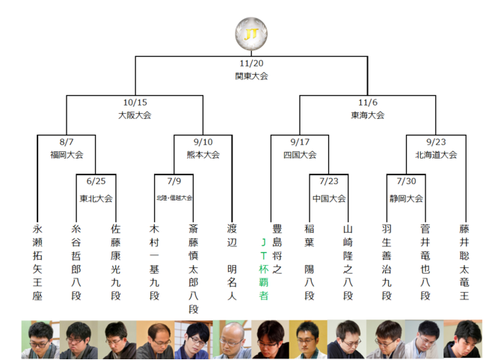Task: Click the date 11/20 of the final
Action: (251, 64)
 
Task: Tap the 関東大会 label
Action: (251, 76)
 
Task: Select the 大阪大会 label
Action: (135, 115)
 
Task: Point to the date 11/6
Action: (368, 103)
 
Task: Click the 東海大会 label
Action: (368, 115)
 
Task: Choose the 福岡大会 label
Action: (67, 154)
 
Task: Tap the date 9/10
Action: (203, 142)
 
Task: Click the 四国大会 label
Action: (300, 154)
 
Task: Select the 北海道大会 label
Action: (436, 154)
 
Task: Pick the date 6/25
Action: (96, 181)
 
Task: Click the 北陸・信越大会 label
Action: (174, 198)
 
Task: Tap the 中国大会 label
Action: (329, 198)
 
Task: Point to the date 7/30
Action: (407, 181)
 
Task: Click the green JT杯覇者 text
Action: (263, 268)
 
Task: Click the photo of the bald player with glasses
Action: (154, 339)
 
